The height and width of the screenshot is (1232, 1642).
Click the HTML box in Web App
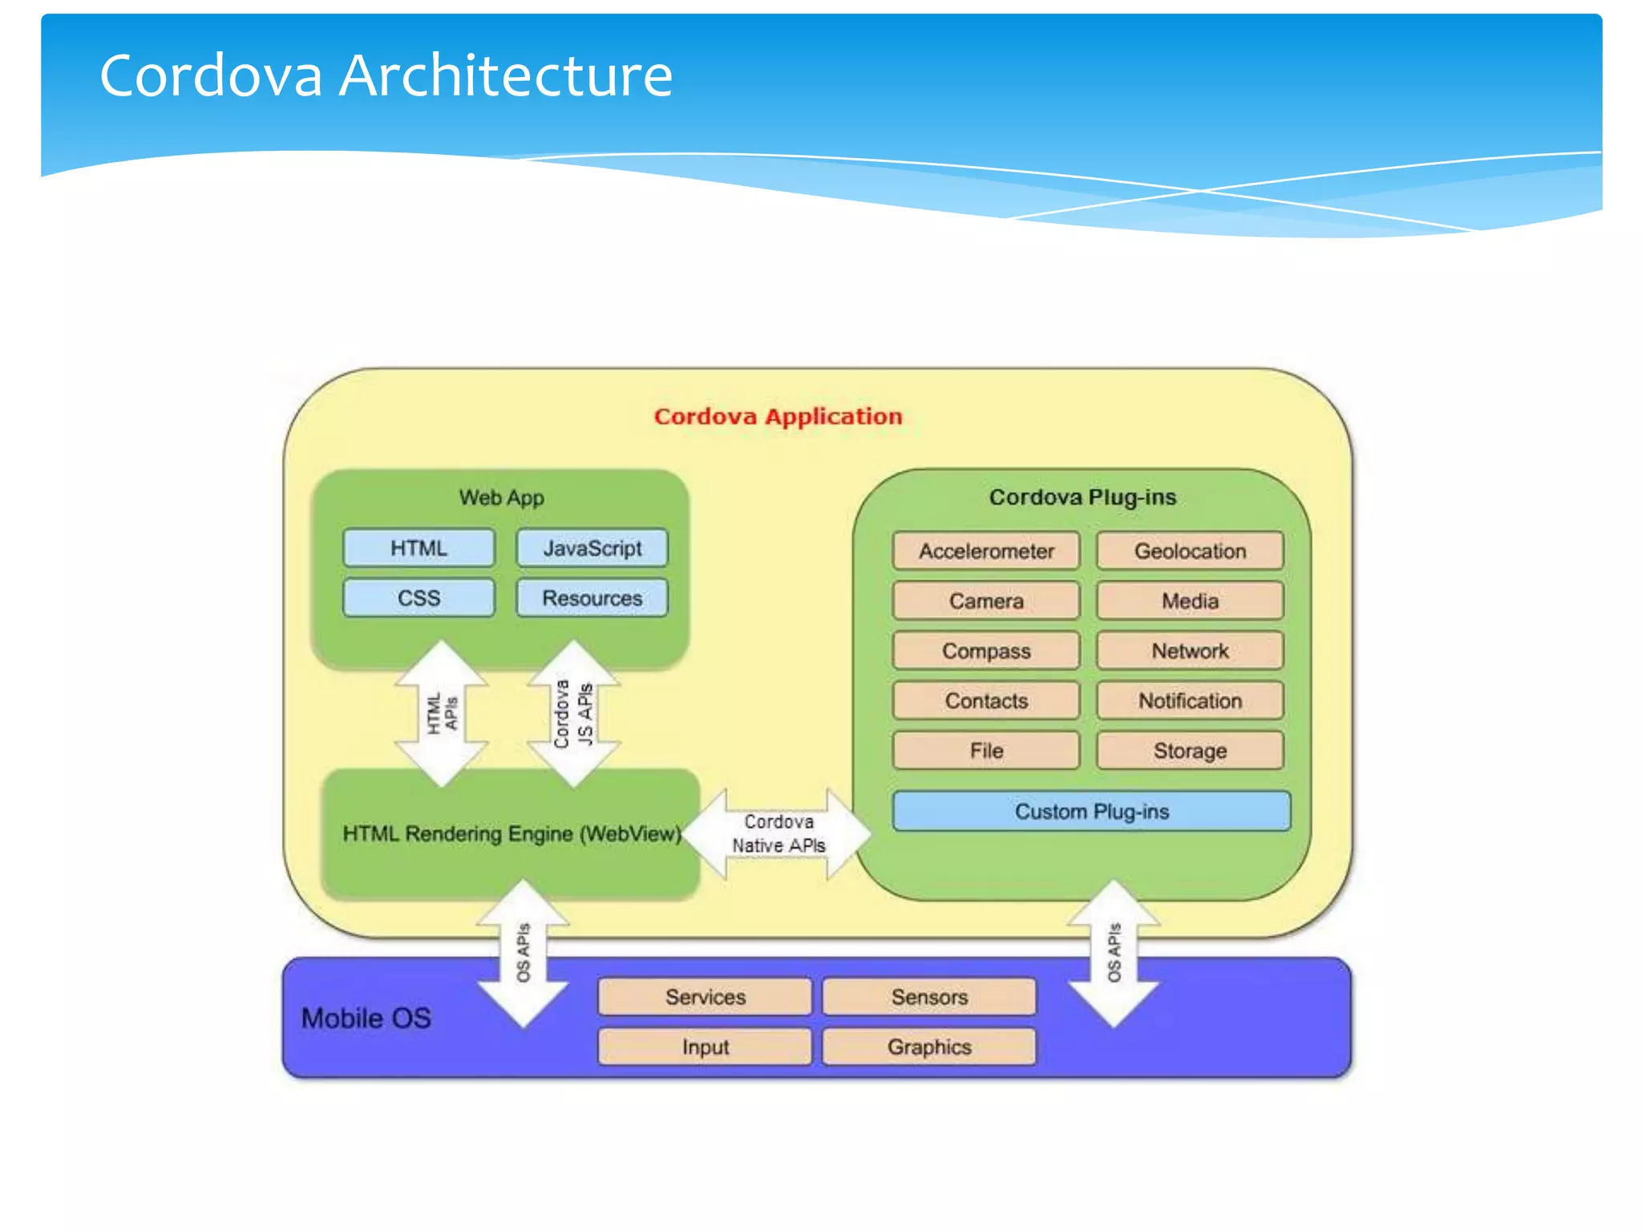(x=419, y=549)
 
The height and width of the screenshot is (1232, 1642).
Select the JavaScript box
(x=592, y=549)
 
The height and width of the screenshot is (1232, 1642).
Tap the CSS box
(x=419, y=598)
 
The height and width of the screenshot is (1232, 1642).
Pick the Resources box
(x=592, y=598)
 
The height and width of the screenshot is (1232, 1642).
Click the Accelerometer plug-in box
(x=986, y=552)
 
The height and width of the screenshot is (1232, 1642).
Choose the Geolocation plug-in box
(x=1190, y=552)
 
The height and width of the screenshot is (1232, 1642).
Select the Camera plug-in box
(x=986, y=602)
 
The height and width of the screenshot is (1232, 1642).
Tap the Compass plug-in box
(x=986, y=651)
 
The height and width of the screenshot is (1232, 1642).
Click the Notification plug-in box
(x=1190, y=701)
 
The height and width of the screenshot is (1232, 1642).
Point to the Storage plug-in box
(x=1190, y=751)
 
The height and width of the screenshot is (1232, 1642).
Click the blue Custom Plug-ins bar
(x=1091, y=812)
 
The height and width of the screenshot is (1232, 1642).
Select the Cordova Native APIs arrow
(x=778, y=834)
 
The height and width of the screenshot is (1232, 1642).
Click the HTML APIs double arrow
(x=442, y=712)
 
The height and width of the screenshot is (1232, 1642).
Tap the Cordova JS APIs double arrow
(x=574, y=712)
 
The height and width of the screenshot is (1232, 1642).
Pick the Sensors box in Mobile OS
(x=929, y=997)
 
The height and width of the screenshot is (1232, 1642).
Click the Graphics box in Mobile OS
(x=929, y=1047)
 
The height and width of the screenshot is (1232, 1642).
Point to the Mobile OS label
(x=366, y=1019)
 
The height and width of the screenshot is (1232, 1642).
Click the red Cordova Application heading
(x=778, y=416)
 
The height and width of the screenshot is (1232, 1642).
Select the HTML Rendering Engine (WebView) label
(x=512, y=834)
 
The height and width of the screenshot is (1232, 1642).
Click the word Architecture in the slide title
(x=505, y=75)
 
